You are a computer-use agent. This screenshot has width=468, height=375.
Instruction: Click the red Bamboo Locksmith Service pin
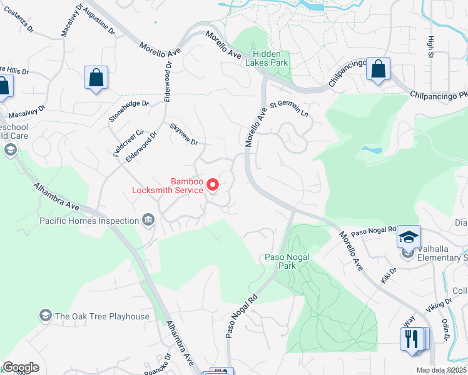tap(213, 185)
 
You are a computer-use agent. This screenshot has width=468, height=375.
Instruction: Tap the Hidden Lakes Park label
tap(271, 58)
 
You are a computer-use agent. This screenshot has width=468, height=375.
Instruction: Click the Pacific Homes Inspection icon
tap(149, 219)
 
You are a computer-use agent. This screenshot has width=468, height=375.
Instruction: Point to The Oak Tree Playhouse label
tap(102, 316)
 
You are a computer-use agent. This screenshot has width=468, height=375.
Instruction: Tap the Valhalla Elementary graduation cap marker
tap(409, 237)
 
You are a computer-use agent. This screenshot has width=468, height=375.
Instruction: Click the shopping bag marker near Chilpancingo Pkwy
tap(379, 69)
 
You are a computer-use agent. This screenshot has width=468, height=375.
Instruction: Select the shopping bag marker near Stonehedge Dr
tap(96, 78)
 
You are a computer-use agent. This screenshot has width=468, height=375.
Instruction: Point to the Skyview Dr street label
tap(184, 134)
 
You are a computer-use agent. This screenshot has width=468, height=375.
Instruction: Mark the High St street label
tap(430, 45)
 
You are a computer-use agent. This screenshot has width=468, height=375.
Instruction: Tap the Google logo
tap(21, 367)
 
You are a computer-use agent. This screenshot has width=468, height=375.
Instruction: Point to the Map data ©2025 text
tap(440, 370)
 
